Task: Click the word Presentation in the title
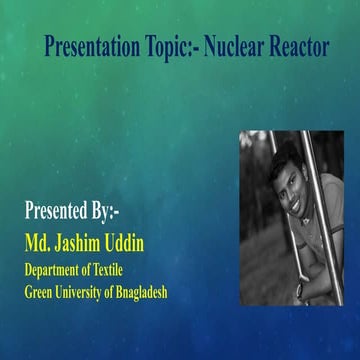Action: [x=91, y=47]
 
